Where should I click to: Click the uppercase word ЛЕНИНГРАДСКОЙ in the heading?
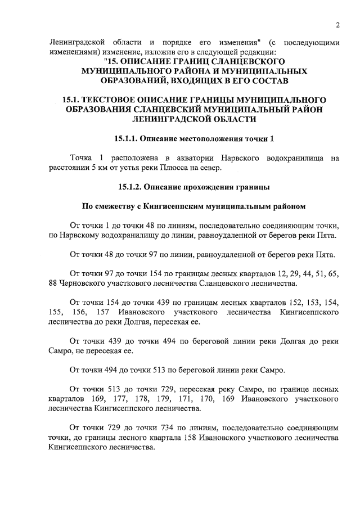pyautogui.click(x=163, y=119)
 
